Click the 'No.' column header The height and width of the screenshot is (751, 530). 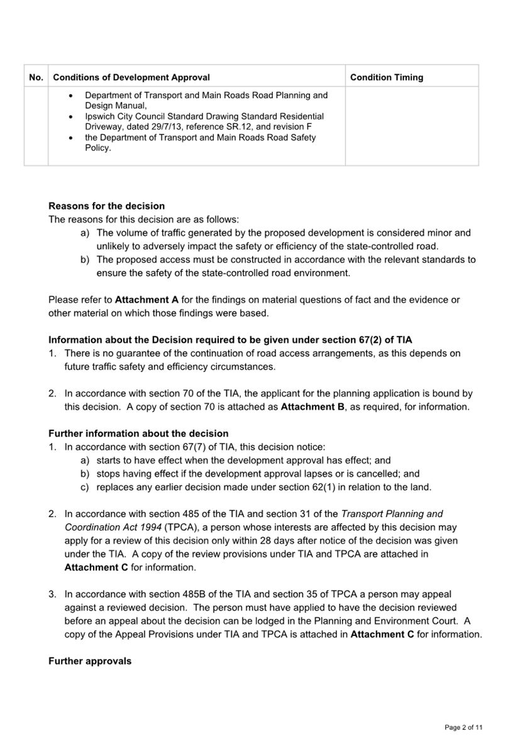36,77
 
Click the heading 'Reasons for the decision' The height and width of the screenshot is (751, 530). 106,206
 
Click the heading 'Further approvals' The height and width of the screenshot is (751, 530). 90,661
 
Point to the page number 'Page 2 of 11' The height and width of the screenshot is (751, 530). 463,728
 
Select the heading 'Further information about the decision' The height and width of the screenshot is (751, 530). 138,433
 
